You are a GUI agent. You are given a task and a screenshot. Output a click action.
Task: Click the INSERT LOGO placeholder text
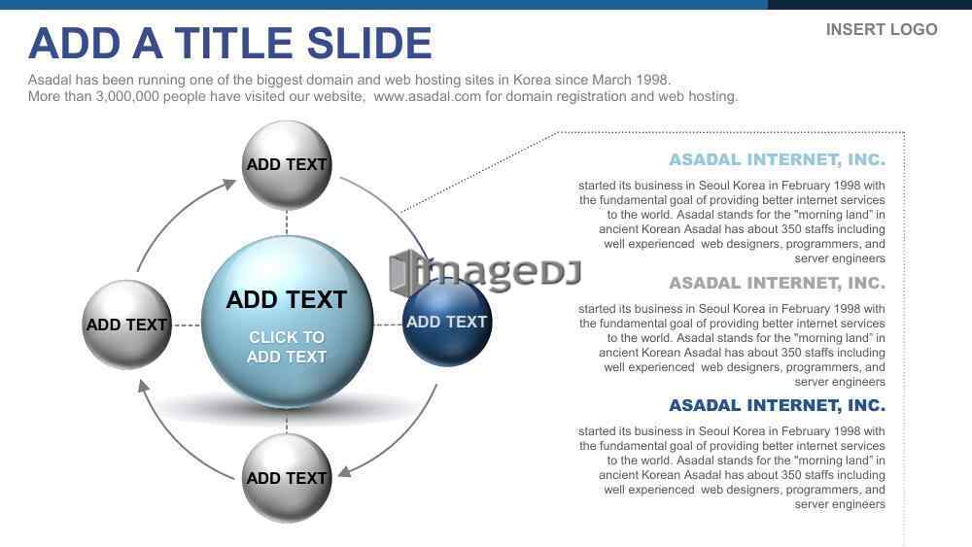click(x=882, y=30)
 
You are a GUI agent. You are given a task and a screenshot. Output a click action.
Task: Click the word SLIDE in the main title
click(x=369, y=44)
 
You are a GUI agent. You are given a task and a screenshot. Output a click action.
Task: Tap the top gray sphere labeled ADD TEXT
click(x=287, y=165)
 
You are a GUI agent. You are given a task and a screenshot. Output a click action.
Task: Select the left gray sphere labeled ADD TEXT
click(x=127, y=325)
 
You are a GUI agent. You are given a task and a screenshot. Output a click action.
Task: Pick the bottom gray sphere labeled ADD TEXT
click(x=287, y=478)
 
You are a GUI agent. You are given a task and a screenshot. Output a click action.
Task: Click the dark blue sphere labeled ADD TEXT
click(x=447, y=323)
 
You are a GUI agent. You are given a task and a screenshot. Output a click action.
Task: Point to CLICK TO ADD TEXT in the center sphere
click(x=287, y=347)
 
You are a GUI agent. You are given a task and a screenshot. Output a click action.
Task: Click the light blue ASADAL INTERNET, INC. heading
click(x=777, y=160)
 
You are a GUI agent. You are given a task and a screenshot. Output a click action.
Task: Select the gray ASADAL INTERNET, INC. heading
click(x=777, y=283)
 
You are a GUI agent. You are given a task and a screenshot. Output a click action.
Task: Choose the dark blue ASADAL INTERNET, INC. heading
click(x=777, y=405)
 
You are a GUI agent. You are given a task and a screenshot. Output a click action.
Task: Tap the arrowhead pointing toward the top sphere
click(x=230, y=184)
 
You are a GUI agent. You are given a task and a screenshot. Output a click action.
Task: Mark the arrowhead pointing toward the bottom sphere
click(x=345, y=471)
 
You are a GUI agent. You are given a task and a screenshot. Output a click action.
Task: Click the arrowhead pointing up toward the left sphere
click(x=143, y=386)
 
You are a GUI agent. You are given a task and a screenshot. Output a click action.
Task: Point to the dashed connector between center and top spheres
click(x=287, y=222)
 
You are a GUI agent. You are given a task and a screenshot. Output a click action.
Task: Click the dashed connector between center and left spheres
click(x=187, y=325)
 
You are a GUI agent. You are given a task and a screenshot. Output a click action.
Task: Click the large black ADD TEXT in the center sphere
click(x=287, y=300)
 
